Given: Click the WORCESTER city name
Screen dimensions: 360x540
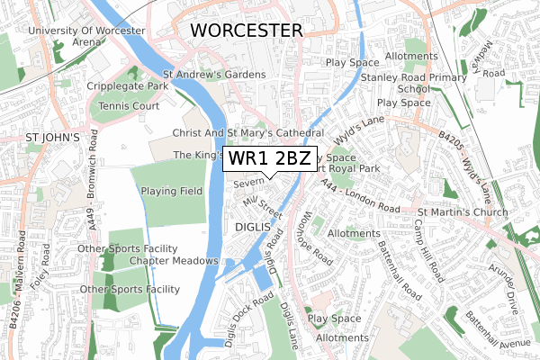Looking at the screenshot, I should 246,31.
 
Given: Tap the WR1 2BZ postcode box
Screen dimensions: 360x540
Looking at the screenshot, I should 270,159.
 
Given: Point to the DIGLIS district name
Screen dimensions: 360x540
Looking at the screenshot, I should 253,227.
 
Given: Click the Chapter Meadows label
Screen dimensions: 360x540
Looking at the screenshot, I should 174,260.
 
